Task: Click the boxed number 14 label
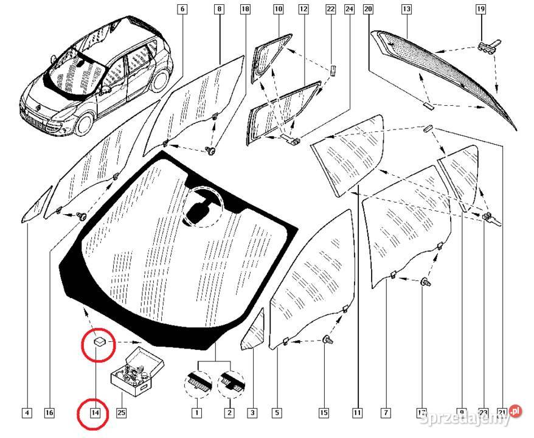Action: pos(94,413)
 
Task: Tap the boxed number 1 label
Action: pos(196,413)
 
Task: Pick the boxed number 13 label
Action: pos(406,9)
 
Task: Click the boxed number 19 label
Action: pos(480,9)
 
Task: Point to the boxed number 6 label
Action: pos(182,9)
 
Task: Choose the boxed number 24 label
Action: pos(348,9)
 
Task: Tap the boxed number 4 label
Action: pos(27,413)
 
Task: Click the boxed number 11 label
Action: pos(358,413)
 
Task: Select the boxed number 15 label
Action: pos(323,413)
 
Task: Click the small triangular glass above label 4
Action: pos(36,206)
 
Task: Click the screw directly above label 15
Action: pos(328,339)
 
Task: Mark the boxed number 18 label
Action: pos(244,9)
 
